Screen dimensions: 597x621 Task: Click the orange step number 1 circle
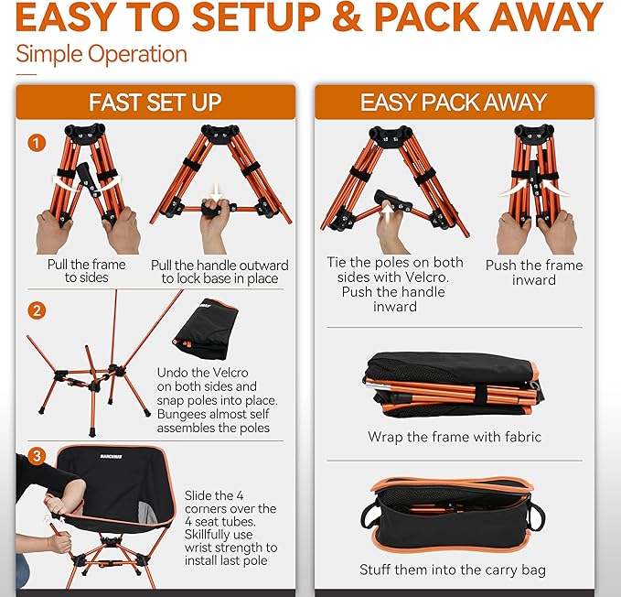(x=37, y=144)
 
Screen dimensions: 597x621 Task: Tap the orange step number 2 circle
(x=37, y=311)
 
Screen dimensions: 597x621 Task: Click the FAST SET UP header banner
(x=155, y=102)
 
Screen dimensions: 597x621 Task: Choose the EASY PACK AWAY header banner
(x=454, y=102)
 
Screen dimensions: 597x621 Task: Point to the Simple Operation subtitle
(x=102, y=54)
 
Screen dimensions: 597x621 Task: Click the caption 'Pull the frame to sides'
(x=84, y=271)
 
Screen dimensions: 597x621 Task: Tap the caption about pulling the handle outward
(x=219, y=271)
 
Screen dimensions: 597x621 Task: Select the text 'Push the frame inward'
(x=534, y=272)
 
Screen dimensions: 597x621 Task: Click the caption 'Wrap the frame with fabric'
(x=455, y=437)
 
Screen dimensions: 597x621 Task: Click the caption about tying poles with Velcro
(x=395, y=284)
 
